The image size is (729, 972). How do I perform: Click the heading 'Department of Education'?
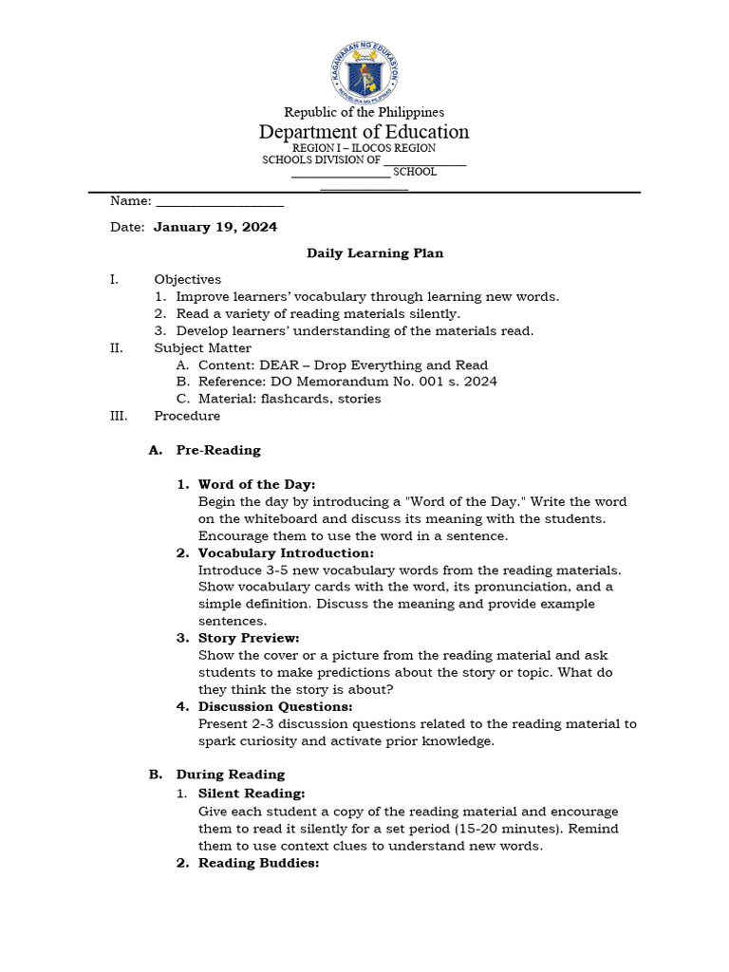tap(364, 132)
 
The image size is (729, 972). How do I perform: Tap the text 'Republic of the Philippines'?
tap(364, 112)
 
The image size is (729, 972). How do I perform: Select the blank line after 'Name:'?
tap(219, 201)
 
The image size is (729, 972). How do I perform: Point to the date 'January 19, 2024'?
tap(215, 227)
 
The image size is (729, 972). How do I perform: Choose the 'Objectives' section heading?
tap(188, 279)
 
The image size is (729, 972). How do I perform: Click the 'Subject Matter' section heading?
tap(203, 347)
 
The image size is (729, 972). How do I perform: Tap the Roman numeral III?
tap(118, 416)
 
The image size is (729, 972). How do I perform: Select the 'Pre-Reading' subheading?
tap(218, 450)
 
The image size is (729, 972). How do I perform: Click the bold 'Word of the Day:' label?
tap(256, 484)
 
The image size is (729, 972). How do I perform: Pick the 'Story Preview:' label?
tap(249, 638)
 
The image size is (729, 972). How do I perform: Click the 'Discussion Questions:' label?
tap(275, 706)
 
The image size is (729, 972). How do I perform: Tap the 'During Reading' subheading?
tap(230, 775)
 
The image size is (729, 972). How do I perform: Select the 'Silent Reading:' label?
tap(252, 793)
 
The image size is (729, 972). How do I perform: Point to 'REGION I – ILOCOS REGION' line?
tap(364, 148)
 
